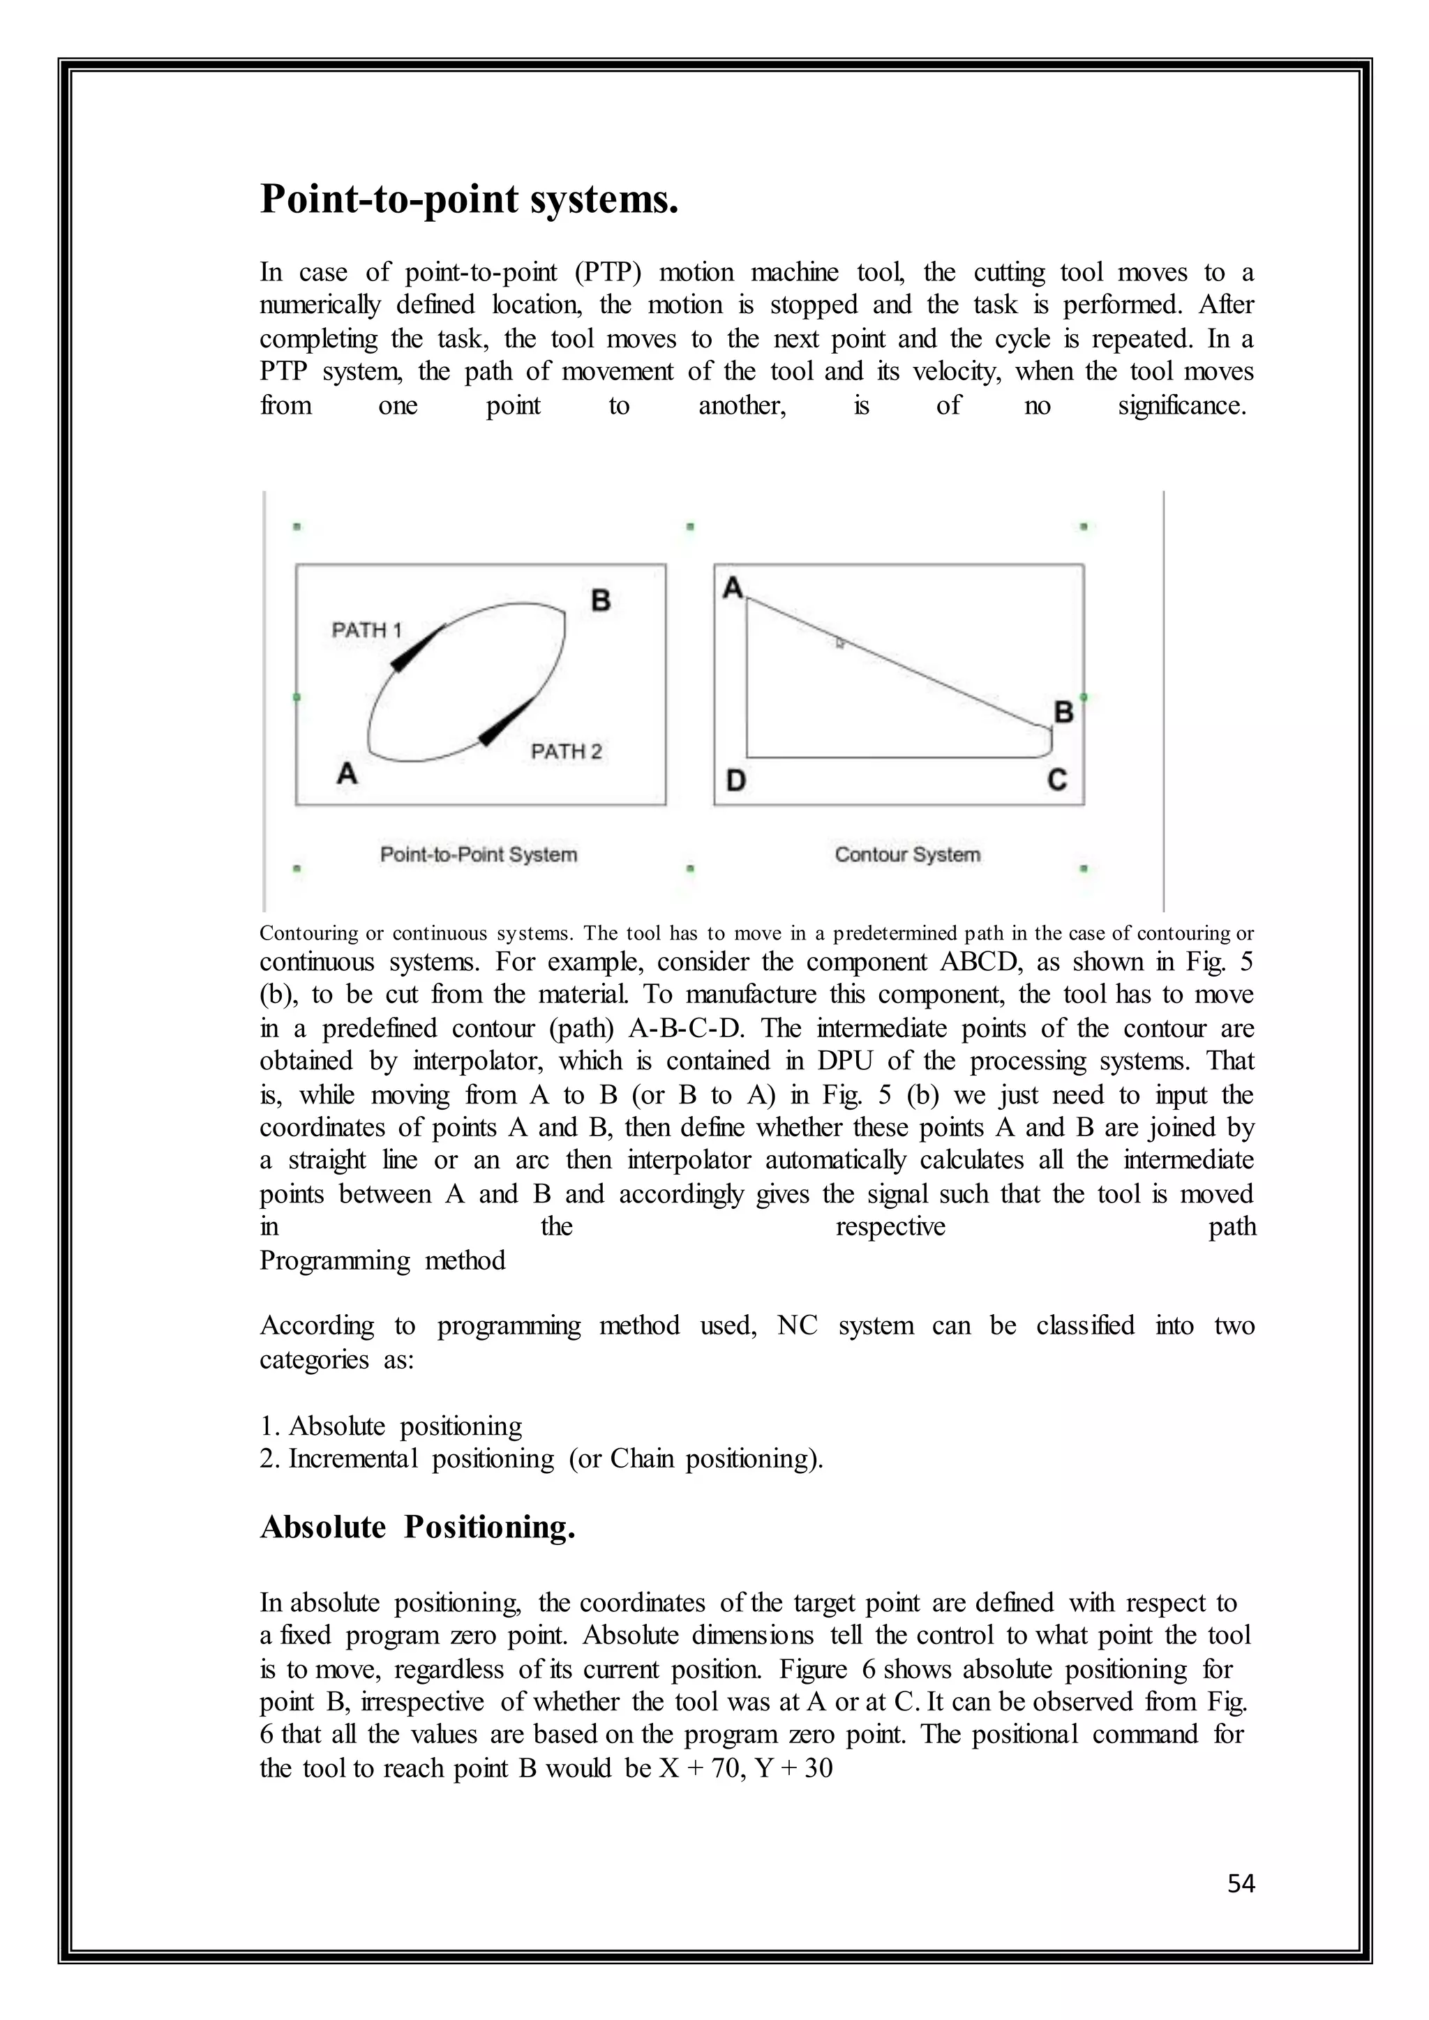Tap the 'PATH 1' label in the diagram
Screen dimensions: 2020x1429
coord(366,630)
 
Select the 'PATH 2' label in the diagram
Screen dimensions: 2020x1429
coord(567,751)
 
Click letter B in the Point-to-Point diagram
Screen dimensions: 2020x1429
coord(601,601)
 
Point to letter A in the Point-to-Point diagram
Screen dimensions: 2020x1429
coord(347,774)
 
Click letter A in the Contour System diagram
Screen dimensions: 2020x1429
coord(732,588)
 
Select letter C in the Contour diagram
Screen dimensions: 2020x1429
coord(1057,780)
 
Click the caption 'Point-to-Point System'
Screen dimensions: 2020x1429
coord(479,854)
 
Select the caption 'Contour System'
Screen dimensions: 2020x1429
coord(907,854)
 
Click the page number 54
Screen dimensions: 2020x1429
coord(1241,1883)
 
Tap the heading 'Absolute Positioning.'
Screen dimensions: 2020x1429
coord(417,1526)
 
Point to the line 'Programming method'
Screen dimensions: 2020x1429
coord(382,1260)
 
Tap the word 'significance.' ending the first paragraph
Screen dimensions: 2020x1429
coord(1182,405)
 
